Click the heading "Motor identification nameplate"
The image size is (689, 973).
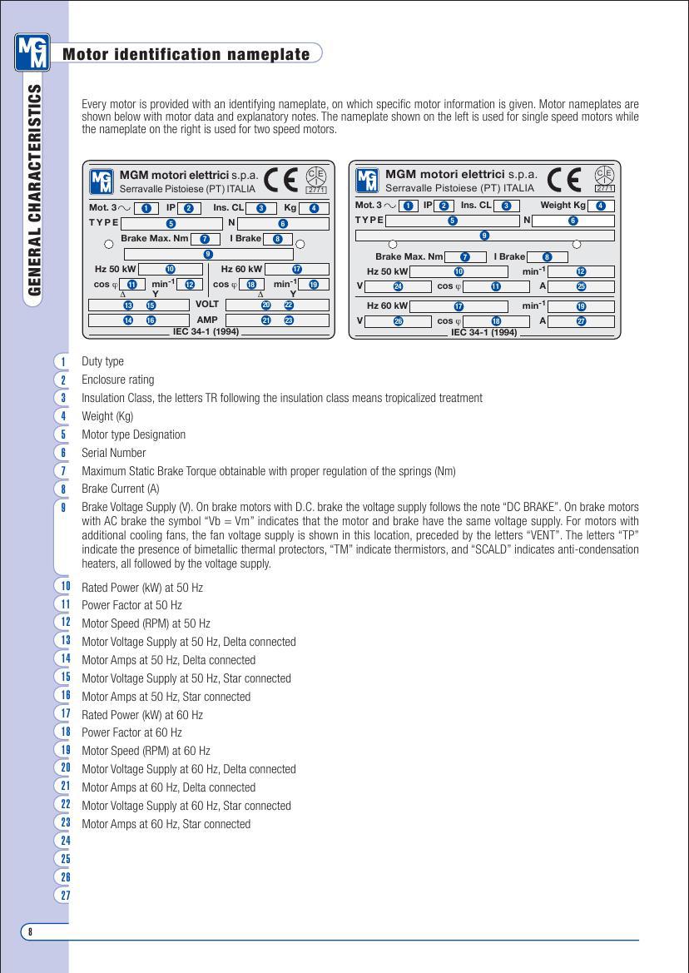[186, 55]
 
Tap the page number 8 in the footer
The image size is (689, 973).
[30, 931]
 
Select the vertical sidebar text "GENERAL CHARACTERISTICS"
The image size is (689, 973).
[36, 190]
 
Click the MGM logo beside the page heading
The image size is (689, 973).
[32, 52]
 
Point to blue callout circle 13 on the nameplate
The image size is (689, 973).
[128, 305]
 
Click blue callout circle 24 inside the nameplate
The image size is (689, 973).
[398, 286]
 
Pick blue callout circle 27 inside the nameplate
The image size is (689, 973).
[581, 321]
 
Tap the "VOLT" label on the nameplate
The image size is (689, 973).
[206, 305]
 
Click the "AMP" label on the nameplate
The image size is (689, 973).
[207, 320]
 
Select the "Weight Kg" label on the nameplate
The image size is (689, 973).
[563, 206]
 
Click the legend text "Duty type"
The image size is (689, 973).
[102, 361]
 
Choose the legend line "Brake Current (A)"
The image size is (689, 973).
[120, 489]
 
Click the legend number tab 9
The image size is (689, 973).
[63, 508]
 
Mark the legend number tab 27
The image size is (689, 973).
[63, 896]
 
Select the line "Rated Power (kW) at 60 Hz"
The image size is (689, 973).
[142, 715]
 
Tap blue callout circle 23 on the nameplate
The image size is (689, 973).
[289, 320]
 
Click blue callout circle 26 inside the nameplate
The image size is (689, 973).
[398, 321]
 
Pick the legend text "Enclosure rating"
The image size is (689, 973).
[117, 380]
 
